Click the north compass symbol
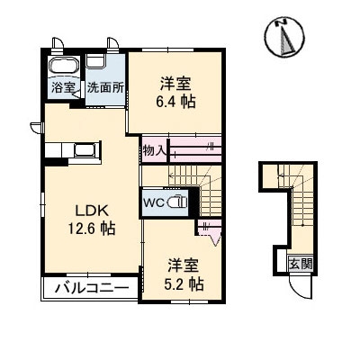[x=285, y=38]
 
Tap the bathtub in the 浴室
[x=64, y=66]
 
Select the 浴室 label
[x=63, y=87]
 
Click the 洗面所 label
[x=105, y=88]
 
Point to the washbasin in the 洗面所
[x=95, y=61]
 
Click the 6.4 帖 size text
[x=175, y=102]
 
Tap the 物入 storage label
[x=155, y=150]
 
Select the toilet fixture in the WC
[x=176, y=202]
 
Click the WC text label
[x=153, y=202]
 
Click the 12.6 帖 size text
[x=92, y=229]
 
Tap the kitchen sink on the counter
[x=85, y=149]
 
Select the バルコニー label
[x=92, y=289]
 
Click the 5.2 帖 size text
[x=184, y=283]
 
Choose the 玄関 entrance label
[x=301, y=264]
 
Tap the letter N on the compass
[x=282, y=22]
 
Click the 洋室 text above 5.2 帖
[x=183, y=265]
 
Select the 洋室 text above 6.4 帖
[x=175, y=85]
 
